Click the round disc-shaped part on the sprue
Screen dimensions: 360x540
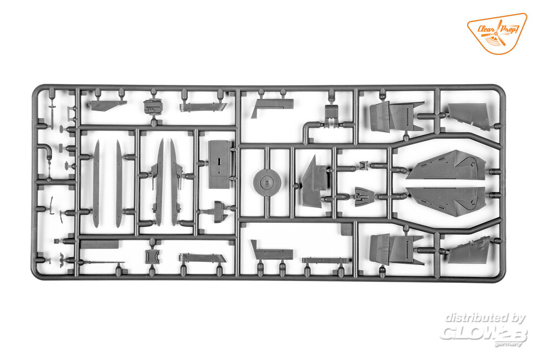point(266,182)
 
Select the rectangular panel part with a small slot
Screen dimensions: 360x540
point(220,164)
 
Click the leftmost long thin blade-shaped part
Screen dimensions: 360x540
point(96,184)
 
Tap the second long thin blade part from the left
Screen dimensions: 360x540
point(119,184)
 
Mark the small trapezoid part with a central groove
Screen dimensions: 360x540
point(363,196)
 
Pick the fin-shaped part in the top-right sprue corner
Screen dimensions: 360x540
point(469,116)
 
